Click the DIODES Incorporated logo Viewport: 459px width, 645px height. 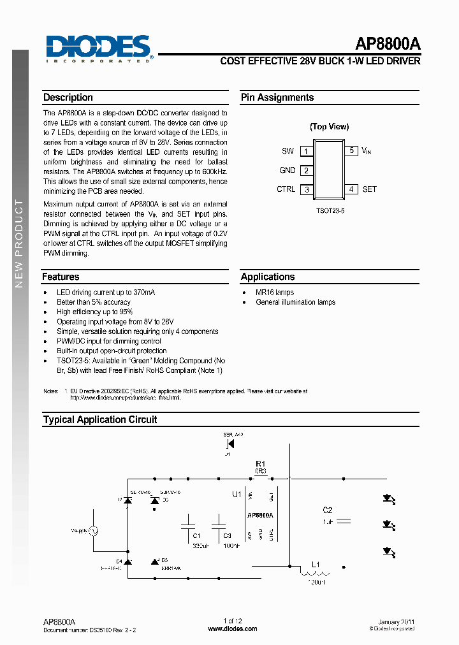(99, 48)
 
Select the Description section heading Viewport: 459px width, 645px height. (68, 98)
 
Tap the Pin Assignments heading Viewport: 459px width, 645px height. (277, 98)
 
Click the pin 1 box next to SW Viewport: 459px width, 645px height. (307, 152)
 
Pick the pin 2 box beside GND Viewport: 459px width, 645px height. (307, 171)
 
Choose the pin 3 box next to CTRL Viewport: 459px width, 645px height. (307, 190)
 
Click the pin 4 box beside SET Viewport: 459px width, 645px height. (351, 189)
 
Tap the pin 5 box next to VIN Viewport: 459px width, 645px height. (351, 151)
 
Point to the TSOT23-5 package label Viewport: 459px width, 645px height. (330, 210)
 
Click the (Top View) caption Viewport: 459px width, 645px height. (330, 126)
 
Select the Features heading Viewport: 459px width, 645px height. (61, 277)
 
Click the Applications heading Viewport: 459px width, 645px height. (268, 277)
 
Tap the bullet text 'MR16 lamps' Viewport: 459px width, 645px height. (275, 293)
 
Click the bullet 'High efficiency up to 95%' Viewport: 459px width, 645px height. (94, 312)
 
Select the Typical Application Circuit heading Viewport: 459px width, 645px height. (100, 420)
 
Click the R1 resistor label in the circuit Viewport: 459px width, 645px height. (260, 464)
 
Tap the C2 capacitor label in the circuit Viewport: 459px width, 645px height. (328, 510)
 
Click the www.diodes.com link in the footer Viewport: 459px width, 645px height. (233, 629)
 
